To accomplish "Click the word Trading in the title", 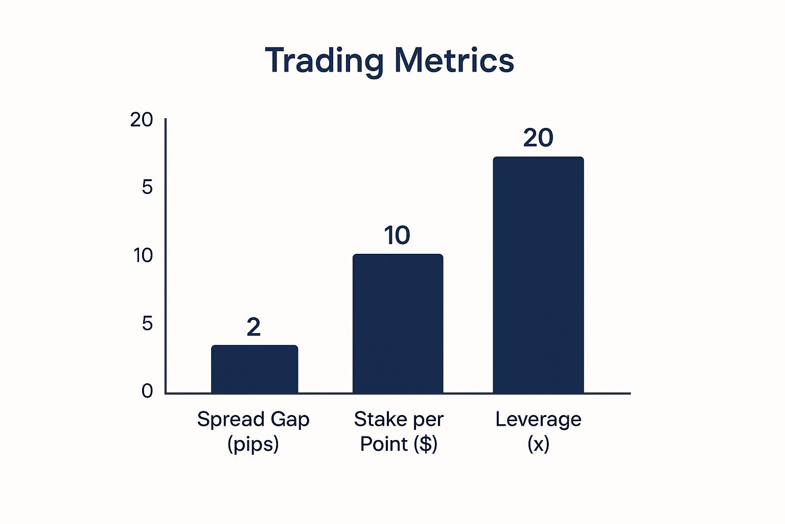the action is click(x=324, y=62).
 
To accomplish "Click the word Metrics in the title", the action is click(x=454, y=60).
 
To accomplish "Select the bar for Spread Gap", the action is click(x=255, y=369).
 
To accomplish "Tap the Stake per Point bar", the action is click(x=398, y=323).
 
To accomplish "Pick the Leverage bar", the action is click(x=538, y=275).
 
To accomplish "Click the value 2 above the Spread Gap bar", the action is click(x=253, y=327).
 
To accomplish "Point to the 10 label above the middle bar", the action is click(x=397, y=235).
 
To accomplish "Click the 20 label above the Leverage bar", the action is click(x=538, y=138).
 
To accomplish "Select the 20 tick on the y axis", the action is click(x=142, y=120).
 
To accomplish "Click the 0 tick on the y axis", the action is click(x=147, y=391).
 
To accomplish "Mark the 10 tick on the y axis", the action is click(x=143, y=255).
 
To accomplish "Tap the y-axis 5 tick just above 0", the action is click(x=148, y=323).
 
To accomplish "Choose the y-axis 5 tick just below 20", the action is click(x=148, y=187).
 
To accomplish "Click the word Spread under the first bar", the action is click(x=230, y=420).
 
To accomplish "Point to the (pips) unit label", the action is click(x=253, y=445).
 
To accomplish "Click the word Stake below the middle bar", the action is click(x=380, y=419).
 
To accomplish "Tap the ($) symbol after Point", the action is click(x=425, y=444).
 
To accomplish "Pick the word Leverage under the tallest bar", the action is click(x=538, y=420).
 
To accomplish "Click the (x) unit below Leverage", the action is click(x=538, y=444).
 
